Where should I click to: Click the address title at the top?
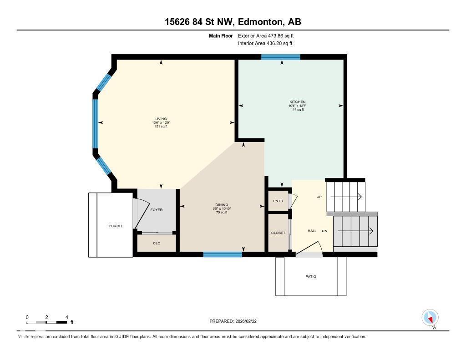(233, 22)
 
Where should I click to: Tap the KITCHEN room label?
(298, 101)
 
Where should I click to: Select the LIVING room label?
(161, 119)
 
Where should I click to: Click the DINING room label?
(222, 205)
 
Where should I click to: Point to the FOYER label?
(157, 210)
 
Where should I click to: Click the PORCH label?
(115, 226)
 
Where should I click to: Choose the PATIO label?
(311, 277)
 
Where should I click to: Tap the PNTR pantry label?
(278, 201)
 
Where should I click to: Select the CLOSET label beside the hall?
(278, 233)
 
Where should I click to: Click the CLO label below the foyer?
(157, 243)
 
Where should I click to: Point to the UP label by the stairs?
(319, 197)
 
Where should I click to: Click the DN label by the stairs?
(324, 231)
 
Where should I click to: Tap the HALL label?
(312, 231)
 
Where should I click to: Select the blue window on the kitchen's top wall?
(281, 57)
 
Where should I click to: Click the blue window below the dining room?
(223, 254)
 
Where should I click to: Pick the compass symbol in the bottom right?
(430, 318)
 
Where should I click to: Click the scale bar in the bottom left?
(47, 322)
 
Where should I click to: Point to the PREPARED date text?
(236, 321)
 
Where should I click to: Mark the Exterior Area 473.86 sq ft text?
(269, 35)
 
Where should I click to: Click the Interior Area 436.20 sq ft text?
(265, 44)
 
